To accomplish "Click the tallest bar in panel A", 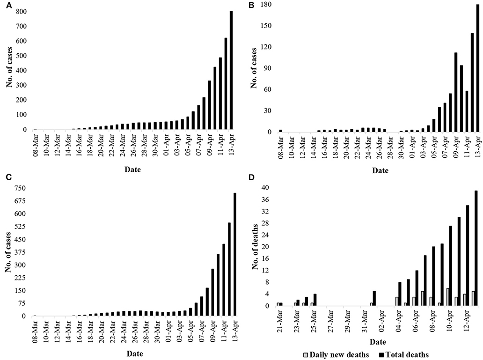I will click(231, 70).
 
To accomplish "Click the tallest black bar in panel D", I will click(476, 248).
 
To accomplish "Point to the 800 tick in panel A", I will click(22, 12).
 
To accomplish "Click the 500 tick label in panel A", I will click(22, 56).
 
